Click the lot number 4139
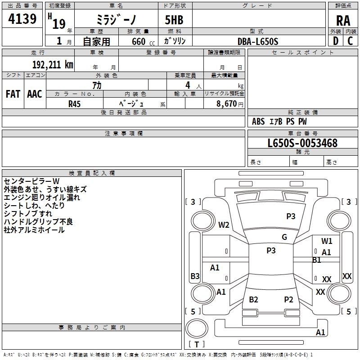tap(22, 18)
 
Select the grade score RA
tap(343, 21)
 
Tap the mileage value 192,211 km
tap(53, 65)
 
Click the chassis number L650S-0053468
tap(302, 143)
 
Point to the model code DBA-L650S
tap(257, 41)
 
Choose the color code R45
tap(74, 104)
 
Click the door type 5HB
tap(174, 20)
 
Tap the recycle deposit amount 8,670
tap(226, 103)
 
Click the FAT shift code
tap(13, 94)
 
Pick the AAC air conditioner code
tap(35, 94)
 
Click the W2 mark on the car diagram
tap(224, 225)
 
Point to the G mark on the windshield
tap(284, 237)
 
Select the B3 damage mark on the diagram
tap(195, 276)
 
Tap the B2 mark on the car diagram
tap(253, 299)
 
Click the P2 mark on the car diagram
tap(288, 299)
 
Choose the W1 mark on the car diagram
tap(327, 241)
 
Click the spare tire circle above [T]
tap(197, 328)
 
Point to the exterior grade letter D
tap(336, 41)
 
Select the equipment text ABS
tap(258, 121)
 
